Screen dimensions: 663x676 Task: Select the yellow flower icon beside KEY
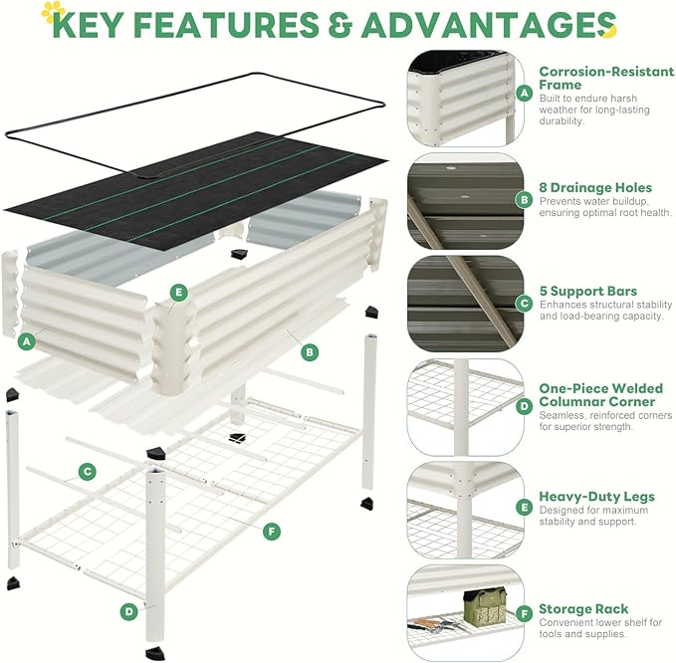tap(53, 12)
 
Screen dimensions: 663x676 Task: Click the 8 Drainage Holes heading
tap(595, 187)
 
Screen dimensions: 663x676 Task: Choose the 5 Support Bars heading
tap(587, 292)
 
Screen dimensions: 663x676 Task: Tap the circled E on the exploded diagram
tap(179, 292)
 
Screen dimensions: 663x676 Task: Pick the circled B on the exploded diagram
tap(311, 350)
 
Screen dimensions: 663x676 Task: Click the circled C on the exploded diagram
tap(88, 471)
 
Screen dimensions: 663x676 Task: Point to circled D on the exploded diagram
tap(128, 611)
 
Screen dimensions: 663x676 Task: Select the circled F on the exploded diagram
tap(272, 531)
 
